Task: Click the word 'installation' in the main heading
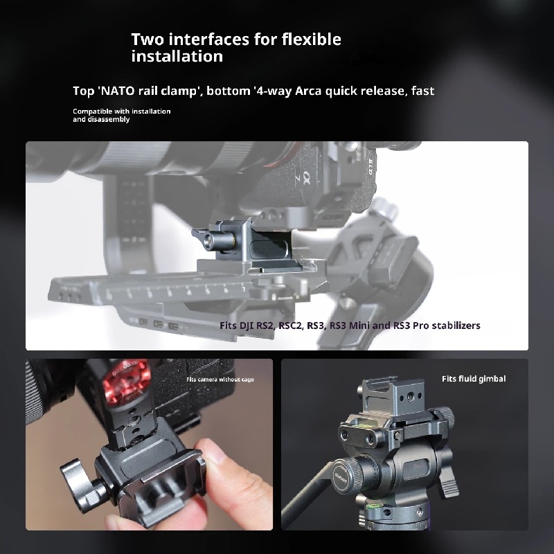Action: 177,56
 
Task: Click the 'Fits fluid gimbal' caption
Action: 474,379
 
